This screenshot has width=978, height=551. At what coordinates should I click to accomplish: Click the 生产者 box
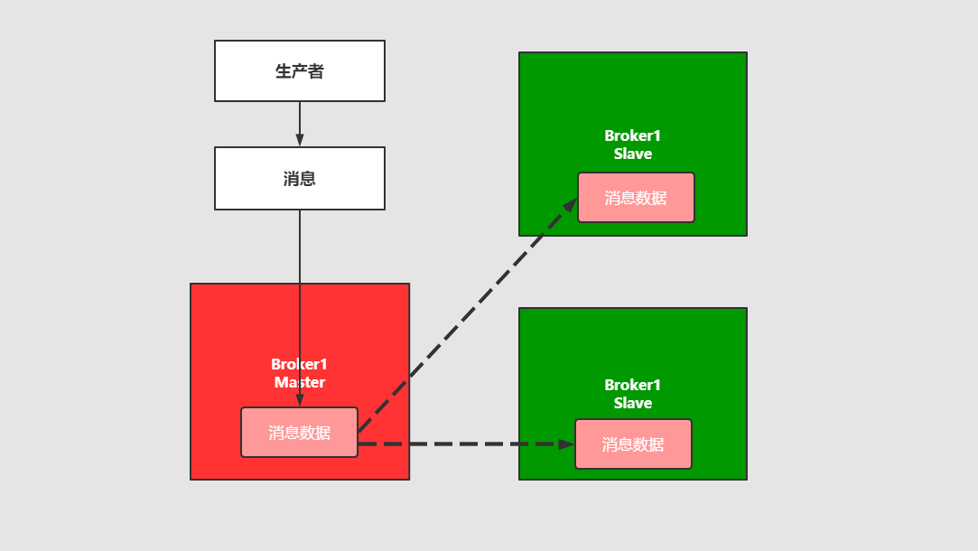pos(299,70)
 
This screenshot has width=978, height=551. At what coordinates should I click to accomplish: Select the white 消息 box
pos(299,178)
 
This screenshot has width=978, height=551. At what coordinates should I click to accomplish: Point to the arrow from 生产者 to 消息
pos(300,121)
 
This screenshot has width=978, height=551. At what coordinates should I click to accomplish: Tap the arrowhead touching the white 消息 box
pos(300,140)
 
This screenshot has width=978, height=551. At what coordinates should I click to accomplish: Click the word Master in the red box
pos(300,383)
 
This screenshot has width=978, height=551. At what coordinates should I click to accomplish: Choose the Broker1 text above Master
pos(299,364)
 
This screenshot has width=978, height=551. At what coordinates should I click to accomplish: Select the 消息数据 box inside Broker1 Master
pos(299,433)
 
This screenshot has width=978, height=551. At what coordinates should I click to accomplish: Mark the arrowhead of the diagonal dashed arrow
pos(570,205)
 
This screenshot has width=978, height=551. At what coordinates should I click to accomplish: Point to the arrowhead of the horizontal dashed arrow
pos(566,444)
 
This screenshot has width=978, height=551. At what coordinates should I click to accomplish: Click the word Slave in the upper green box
pos(632,154)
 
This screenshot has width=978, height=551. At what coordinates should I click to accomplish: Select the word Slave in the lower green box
pos(632,404)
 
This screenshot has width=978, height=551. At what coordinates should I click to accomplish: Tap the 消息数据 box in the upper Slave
pos(636,198)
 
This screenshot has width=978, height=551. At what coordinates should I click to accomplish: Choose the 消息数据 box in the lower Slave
pos(633,444)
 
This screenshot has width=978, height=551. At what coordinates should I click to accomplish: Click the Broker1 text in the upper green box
pos(632,135)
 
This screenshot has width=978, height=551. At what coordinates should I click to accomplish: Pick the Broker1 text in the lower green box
pos(632,385)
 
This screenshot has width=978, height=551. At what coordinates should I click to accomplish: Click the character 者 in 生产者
pos(316,71)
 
